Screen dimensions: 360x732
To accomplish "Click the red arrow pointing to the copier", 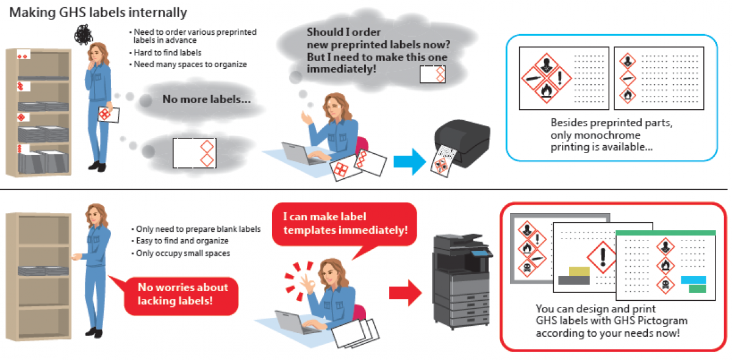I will [405, 292].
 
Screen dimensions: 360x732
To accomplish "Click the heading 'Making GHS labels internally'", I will [98, 12].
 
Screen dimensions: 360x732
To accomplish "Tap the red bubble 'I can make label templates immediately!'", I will [345, 223].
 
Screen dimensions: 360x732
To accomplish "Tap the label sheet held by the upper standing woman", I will [109, 115].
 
